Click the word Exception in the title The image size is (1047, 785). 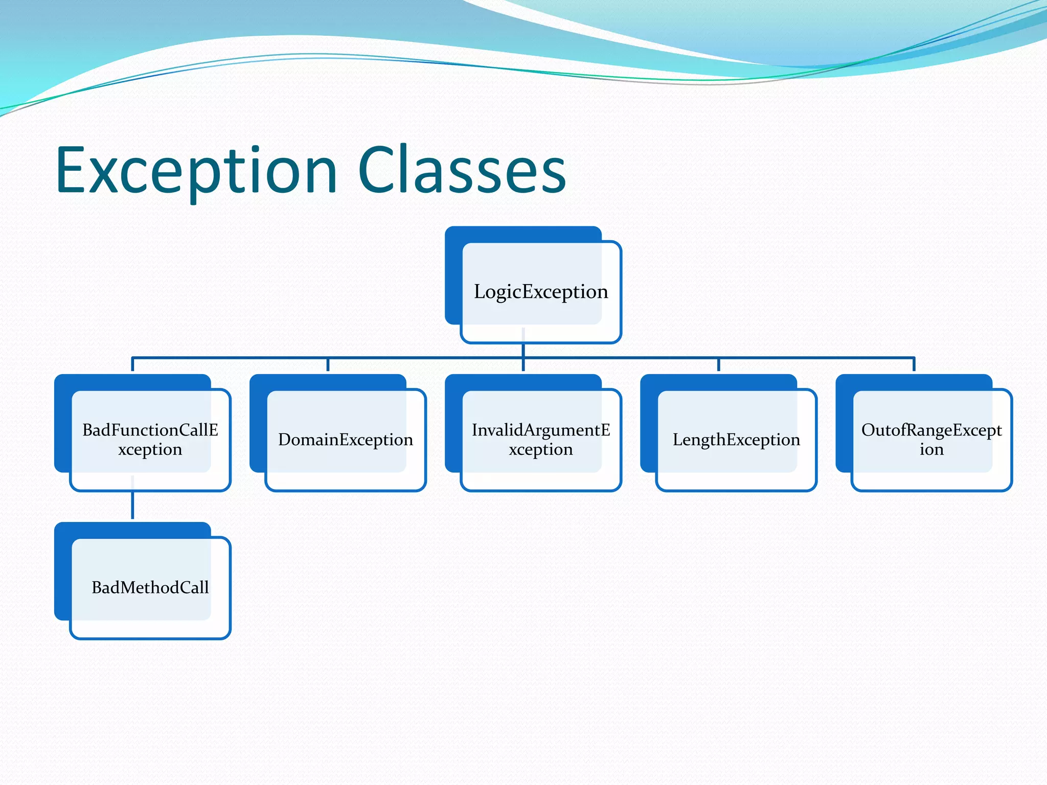197,171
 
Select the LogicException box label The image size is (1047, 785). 541,292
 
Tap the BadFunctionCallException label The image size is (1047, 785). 150,440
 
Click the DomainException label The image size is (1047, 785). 346,440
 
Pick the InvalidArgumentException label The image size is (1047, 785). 541,440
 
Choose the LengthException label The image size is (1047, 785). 736,440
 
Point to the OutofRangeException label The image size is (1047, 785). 931,440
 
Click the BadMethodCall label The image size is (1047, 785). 150,588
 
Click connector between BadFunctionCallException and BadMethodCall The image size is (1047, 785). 133,506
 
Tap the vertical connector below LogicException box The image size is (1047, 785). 523,351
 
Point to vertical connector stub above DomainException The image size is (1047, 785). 328,365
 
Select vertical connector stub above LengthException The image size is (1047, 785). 719,365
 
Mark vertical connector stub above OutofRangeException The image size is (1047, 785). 914,365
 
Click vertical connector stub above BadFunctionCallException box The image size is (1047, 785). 133,365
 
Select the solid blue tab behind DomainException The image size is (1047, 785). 258,424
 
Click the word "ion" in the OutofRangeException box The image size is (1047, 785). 931,450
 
